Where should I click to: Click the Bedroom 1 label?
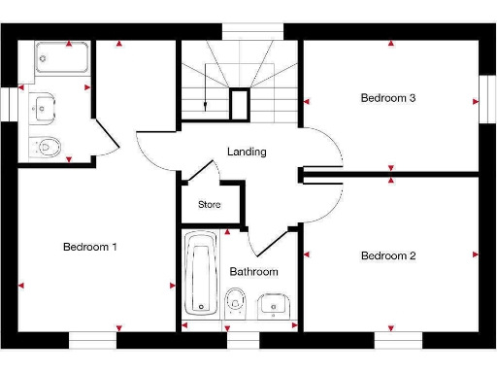coord(89,247)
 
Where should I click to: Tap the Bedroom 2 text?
coord(388,256)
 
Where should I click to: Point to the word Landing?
coord(247,153)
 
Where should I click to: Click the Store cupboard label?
coord(210,205)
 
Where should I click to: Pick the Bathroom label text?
coord(253,272)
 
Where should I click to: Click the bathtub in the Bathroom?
coord(202,274)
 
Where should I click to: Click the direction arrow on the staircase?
coord(208,99)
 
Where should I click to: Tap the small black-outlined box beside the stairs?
coord(240,104)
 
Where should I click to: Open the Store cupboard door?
coord(198,173)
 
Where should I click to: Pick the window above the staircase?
coord(248,32)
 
